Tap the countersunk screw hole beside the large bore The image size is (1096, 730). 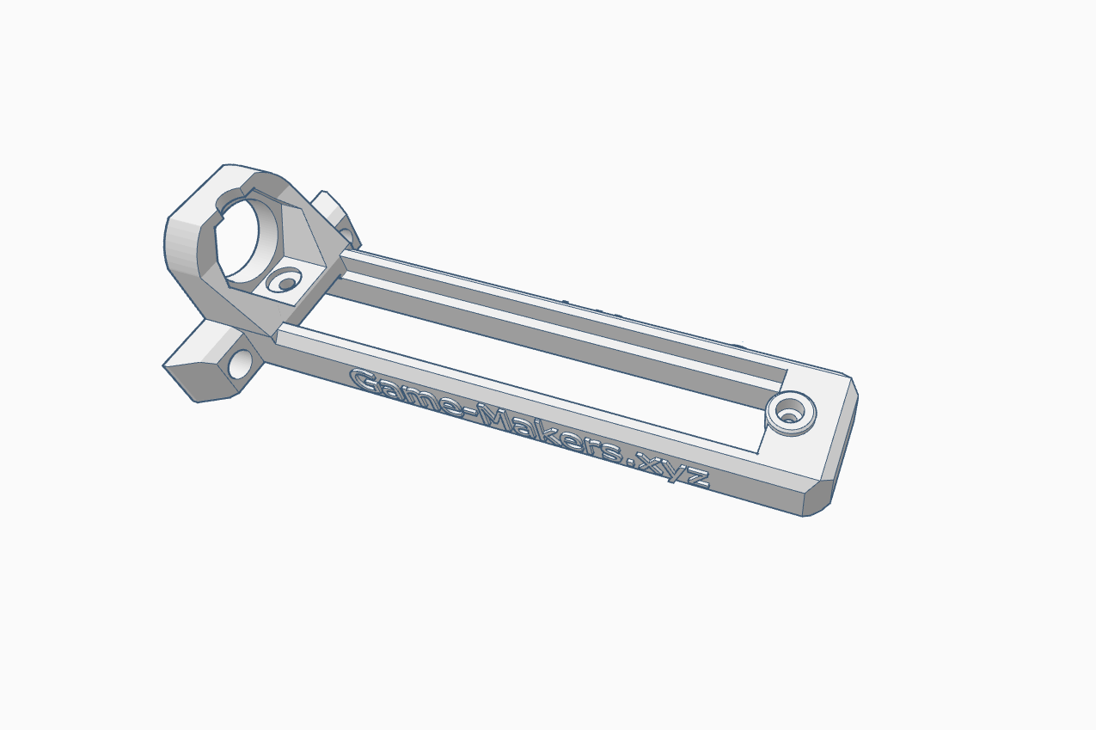tap(285, 280)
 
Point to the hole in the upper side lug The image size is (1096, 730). tap(345, 234)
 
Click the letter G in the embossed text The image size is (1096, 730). tap(365, 381)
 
